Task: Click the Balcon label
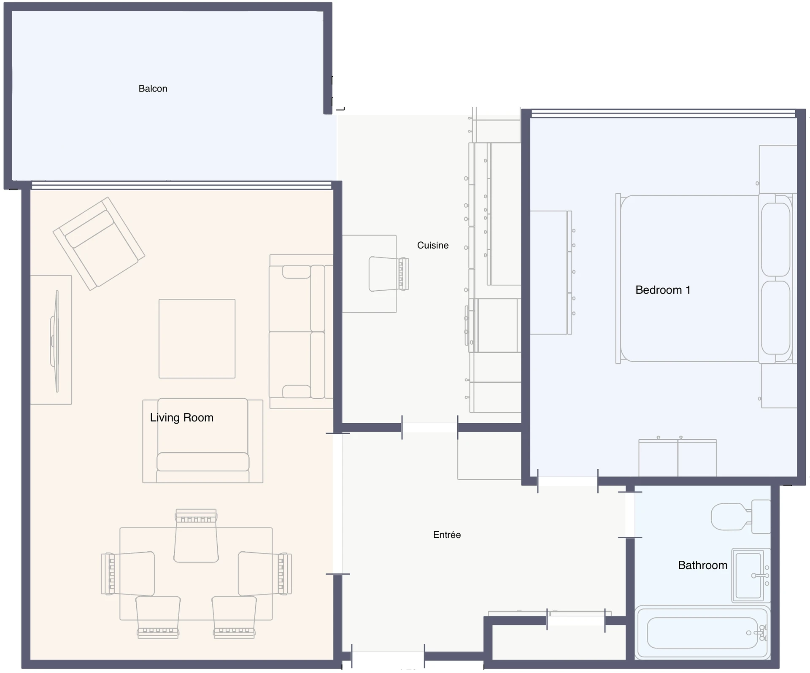coord(153,89)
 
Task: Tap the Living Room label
coord(182,417)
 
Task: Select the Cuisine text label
coord(433,245)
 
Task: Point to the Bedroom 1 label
coord(663,290)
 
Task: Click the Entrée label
coord(447,535)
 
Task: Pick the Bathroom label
coord(703,565)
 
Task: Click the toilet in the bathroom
coord(741,516)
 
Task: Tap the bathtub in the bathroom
coord(702,633)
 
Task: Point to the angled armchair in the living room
coord(99,244)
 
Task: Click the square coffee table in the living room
coord(197,339)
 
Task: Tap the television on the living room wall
coord(55,341)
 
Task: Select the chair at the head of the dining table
coord(196,535)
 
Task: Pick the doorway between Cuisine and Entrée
coord(430,427)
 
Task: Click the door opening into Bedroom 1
coord(568,481)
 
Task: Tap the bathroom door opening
coord(630,515)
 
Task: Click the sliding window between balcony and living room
coord(181,185)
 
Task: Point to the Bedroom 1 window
coord(663,114)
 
